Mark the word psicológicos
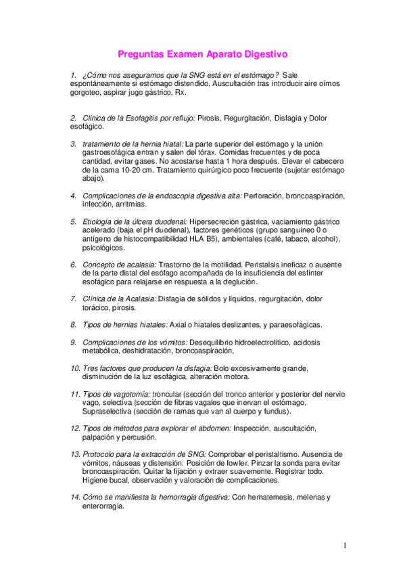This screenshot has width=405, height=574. pos(103,248)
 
